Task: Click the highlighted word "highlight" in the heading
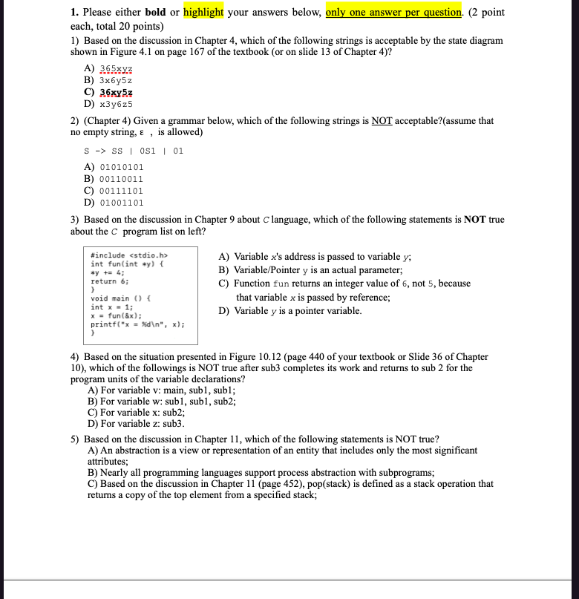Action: pos(203,13)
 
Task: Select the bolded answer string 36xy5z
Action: pos(117,91)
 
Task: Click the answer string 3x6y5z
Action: pos(117,79)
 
